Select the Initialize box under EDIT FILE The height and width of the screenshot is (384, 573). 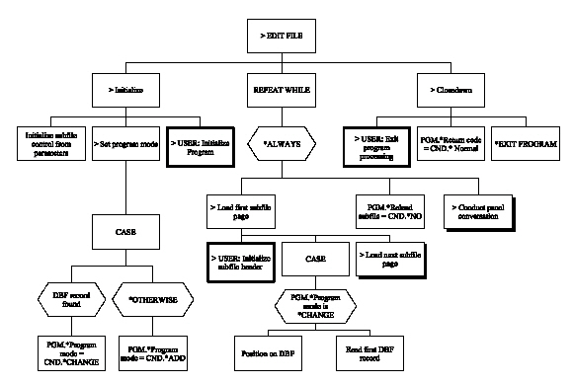click(126, 90)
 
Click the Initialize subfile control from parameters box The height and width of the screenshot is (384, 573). click(52, 145)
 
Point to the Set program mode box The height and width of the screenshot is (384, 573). click(126, 145)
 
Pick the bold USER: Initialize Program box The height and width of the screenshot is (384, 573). click(202, 145)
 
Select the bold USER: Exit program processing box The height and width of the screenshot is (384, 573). click(378, 145)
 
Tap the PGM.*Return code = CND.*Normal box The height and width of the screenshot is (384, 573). click(452, 145)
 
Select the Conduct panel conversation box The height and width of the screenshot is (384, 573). click(481, 209)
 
